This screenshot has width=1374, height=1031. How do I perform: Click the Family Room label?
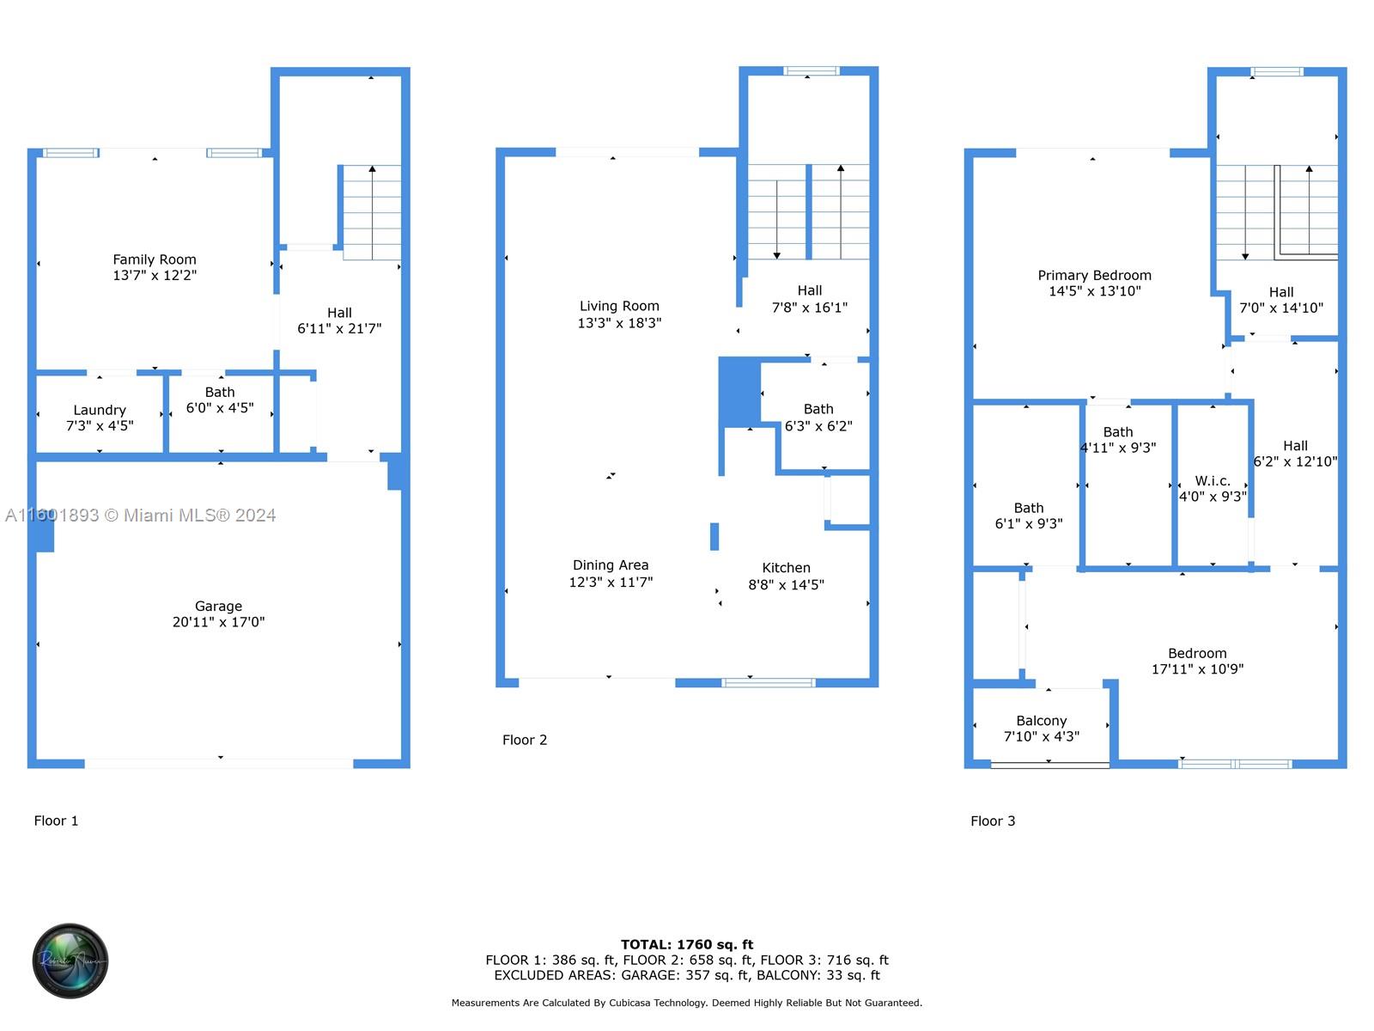point(155,259)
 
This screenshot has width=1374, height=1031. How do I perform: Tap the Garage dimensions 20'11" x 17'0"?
point(218,622)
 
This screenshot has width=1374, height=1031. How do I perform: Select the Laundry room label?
point(100,410)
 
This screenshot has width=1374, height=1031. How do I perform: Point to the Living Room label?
point(619,306)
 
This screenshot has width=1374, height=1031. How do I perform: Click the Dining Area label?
point(611,565)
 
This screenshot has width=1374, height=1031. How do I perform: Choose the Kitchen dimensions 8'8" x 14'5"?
point(786,585)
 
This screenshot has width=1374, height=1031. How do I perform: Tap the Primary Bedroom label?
point(1094,276)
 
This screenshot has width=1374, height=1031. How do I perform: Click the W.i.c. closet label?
point(1213,481)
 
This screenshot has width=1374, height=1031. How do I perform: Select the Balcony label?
point(1041,721)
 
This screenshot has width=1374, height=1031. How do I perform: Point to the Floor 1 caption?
point(56,821)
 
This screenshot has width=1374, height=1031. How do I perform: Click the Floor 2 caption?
point(525,740)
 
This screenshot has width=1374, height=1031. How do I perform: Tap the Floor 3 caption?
point(993,821)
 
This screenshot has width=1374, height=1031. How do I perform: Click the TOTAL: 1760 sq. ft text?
point(687,944)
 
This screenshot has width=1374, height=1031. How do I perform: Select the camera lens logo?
point(70,961)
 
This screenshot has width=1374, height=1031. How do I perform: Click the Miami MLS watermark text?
point(141,515)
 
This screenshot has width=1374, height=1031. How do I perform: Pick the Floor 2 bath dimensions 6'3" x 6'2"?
point(818,426)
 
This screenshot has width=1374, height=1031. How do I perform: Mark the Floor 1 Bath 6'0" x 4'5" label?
point(220,400)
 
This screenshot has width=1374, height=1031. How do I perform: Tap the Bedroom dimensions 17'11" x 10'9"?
point(1197,669)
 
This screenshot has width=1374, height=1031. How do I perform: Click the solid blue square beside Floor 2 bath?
point(739,392)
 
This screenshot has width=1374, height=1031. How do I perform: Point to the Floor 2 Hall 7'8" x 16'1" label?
point(809,299)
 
